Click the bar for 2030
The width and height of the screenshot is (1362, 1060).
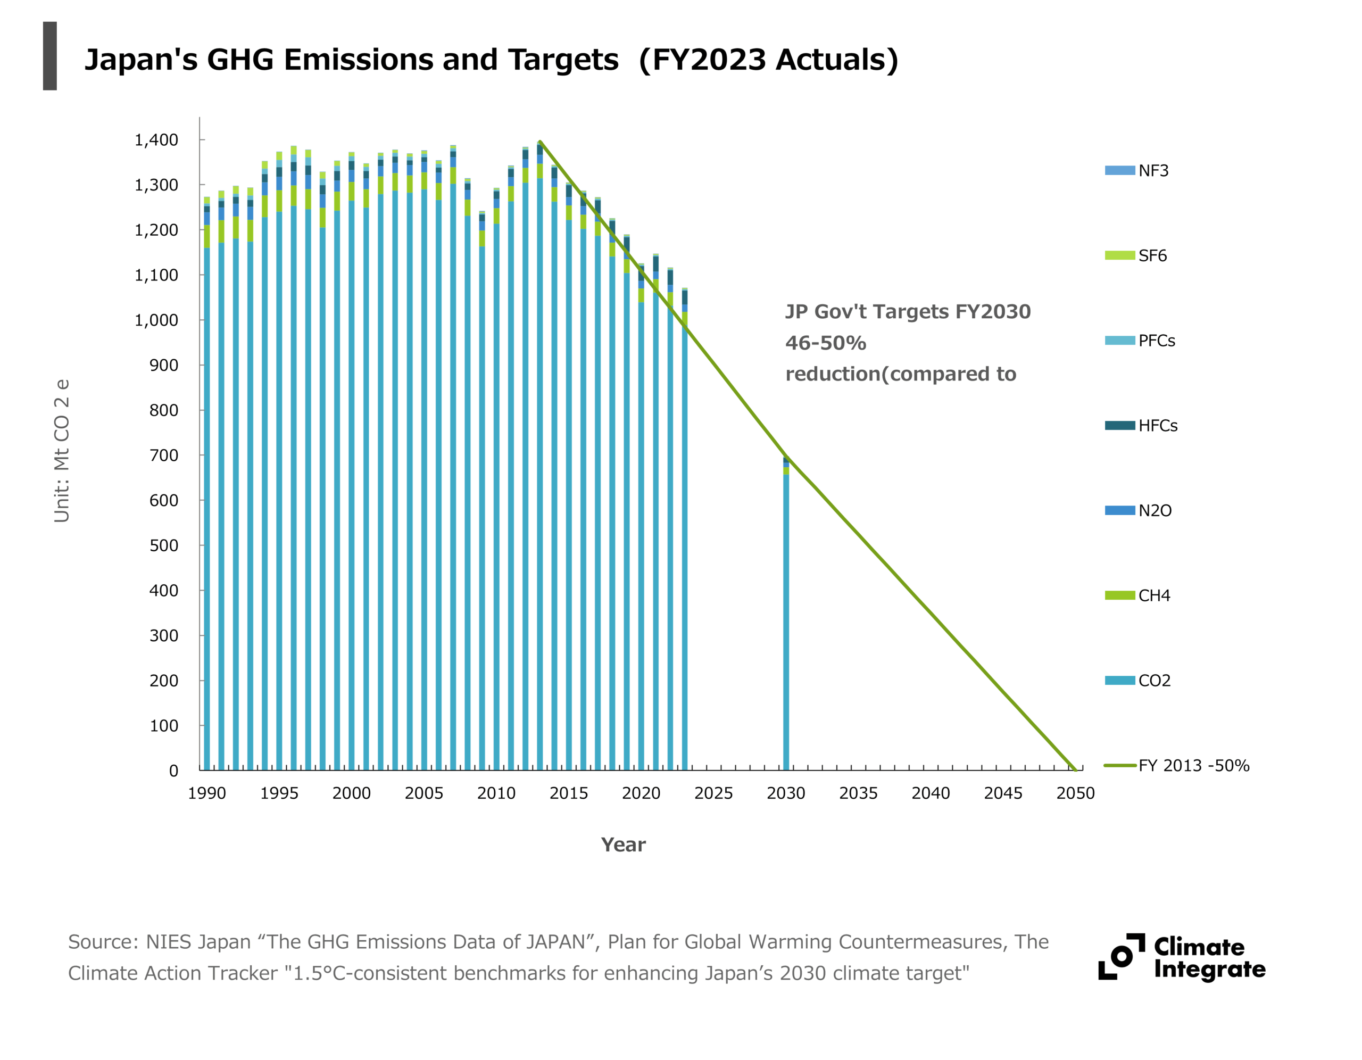click(x=786, y=615)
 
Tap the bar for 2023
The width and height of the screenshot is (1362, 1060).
click(x=685, y=531)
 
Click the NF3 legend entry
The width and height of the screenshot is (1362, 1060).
click(x=1137, y=170)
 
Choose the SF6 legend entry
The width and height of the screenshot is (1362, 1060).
click(x=1136, y=256)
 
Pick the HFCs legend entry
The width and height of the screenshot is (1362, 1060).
click(x=1141, y=426)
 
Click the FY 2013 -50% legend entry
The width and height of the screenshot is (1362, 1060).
click(x=1176, y=766)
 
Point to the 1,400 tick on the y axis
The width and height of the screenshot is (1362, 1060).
click(x=156, y=140)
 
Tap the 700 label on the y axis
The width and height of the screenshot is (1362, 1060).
click(x=163, y=456)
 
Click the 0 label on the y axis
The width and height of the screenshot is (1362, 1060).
click(x=173, y=771)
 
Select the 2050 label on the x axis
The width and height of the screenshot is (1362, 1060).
click(x=1075, y=793)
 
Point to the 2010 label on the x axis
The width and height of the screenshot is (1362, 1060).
click(x=496, y=793)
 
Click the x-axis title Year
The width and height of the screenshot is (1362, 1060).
click(x=623, y=845)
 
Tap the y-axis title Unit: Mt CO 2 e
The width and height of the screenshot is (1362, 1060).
click(x=61, y=451)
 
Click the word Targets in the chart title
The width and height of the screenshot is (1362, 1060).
click(x=563, y=60)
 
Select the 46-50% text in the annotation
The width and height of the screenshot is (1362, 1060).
click(x=826, y=343)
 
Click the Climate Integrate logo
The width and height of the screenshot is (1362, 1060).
click(x=1182, y=957)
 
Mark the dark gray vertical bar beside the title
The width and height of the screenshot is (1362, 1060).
click(x=50, y=56)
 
